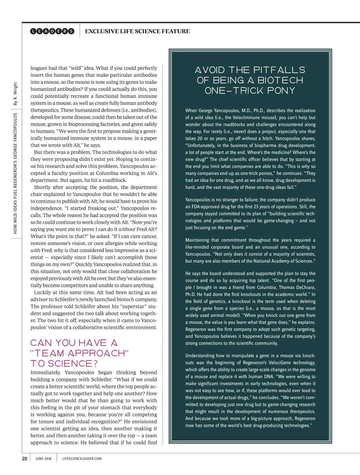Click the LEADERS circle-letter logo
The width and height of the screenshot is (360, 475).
point(52,31)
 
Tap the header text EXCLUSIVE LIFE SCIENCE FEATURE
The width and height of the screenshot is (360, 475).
point(137,31)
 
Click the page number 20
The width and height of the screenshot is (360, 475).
point(25,458)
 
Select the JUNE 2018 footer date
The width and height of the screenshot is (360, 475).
point(43,459)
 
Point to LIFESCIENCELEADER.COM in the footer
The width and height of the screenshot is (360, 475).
point(82,459)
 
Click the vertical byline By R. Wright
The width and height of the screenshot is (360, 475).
point(15,94)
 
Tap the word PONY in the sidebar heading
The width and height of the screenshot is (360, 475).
point(280,91)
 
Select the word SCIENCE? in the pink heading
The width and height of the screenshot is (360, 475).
point(73,364)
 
